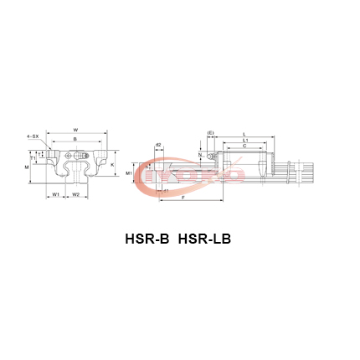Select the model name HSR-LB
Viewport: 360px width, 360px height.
click(204, 239)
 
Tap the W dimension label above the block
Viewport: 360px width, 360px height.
click(75, 130)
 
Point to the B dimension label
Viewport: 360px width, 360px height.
click(75, 138)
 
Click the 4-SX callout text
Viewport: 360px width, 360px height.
click(32, 135)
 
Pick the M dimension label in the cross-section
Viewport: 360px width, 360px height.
click(27, 167)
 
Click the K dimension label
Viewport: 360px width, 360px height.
click(112, 165)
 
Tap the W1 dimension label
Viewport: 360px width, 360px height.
click(55, 194)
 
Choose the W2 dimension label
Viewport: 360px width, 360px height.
click(75, 194)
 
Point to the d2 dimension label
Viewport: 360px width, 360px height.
click(158, 145)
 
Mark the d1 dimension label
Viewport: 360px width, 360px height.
click(166, 190)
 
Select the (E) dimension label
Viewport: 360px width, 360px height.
click(210, 132)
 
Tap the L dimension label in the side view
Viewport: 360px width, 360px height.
click(244, 133)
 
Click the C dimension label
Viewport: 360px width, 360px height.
click(244, 145)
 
